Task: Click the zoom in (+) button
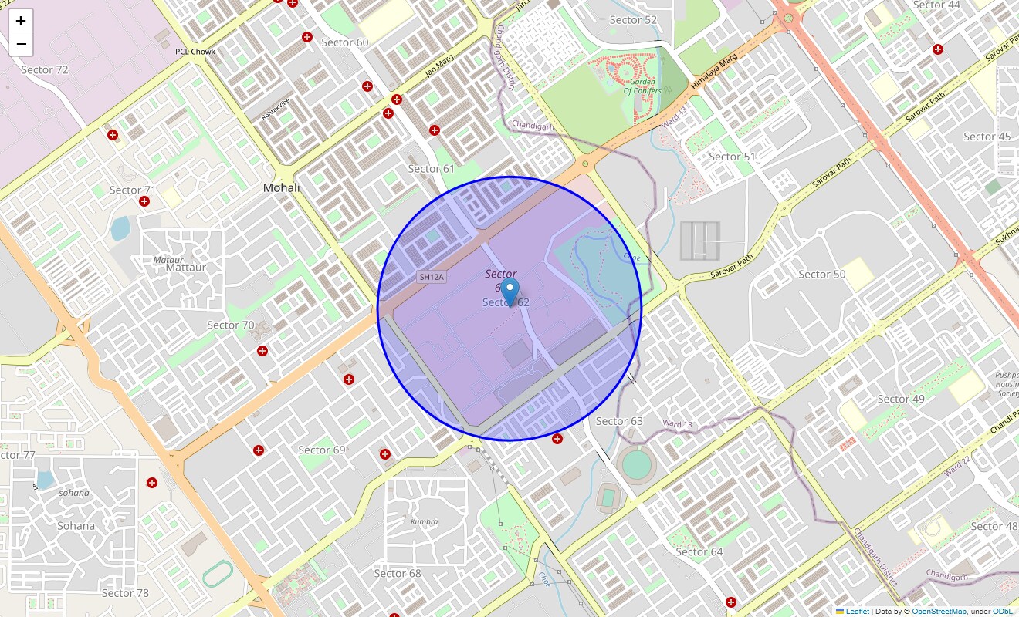pos(21,21)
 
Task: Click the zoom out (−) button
pos(21,44)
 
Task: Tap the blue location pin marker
pos(509,294)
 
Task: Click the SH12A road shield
pos(432,277)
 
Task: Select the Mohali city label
pos(281,187)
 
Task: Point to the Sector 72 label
pos(45,69)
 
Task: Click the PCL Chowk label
pos(195,52)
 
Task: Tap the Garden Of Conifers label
pos(642,86)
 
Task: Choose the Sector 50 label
pos(821,274)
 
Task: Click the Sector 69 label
pos(322,450)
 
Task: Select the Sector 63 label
pos(619,421)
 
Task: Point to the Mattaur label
pos(186,268)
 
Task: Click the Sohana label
pos(76,526)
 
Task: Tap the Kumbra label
pos(425,522)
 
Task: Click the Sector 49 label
pos(901,399)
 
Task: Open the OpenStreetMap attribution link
pos(939,612)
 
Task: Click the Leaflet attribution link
pos(857,612)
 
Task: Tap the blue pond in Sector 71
pos(120,228)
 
